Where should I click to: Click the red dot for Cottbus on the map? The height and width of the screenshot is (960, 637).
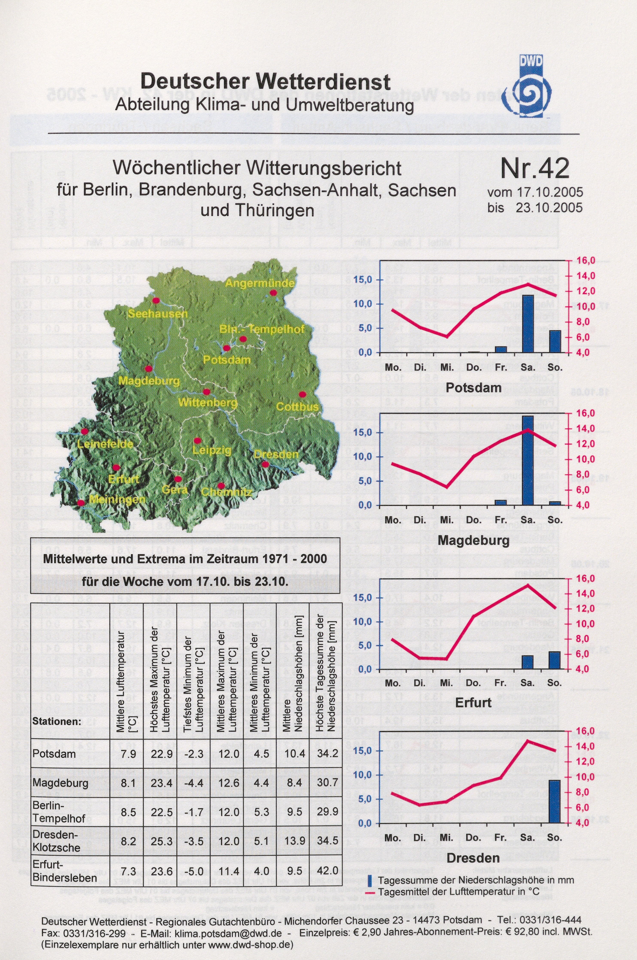click(302, 394)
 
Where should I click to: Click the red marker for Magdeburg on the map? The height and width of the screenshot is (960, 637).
click(149, 368)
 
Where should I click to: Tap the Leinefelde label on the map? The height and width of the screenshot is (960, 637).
click(105, 444)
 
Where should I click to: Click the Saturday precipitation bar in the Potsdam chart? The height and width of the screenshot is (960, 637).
click(527, 324)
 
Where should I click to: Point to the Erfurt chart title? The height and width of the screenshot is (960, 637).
click(473, 703)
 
